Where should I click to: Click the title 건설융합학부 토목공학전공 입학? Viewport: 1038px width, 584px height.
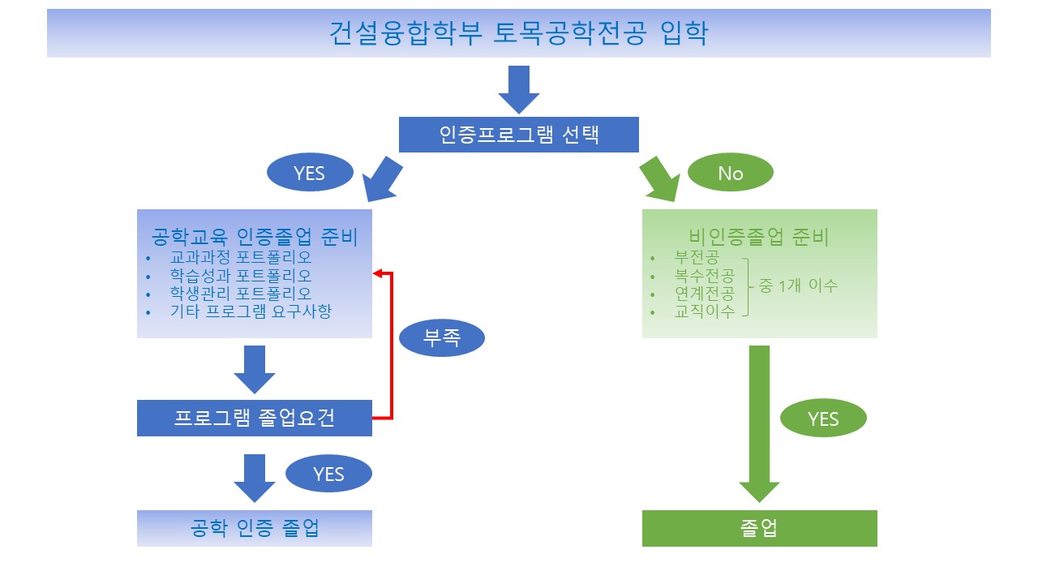(x=518, y=33)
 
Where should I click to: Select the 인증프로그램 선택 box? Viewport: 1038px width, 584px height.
(x=518, y=135)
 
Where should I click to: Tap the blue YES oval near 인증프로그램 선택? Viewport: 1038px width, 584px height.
(x=309, y=173)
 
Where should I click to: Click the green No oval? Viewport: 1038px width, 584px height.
(x=730, y=173)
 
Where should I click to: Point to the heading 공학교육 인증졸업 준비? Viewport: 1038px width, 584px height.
(x=255, y=237)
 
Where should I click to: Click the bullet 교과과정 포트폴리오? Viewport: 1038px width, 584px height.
(x=241, y=257)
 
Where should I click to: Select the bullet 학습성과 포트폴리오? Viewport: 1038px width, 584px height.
(x=241, y=275)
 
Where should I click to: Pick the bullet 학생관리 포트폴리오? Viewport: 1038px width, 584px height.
(x=241, y=293)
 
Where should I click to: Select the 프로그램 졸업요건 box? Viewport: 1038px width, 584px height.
(x=254, y=419)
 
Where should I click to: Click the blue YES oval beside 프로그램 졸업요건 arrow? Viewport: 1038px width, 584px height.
(x=328, y=474)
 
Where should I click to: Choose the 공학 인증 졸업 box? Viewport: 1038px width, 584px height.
(x=254, y=528)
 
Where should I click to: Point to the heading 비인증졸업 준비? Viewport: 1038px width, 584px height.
(x=759, y=237)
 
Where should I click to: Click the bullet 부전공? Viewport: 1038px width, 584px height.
(x=696, y=257)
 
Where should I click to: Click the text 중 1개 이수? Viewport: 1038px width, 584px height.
(x=798, y=286)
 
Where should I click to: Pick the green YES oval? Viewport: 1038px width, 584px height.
(x=823, y=419)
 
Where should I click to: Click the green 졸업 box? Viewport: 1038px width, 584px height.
(x=759, y=528)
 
